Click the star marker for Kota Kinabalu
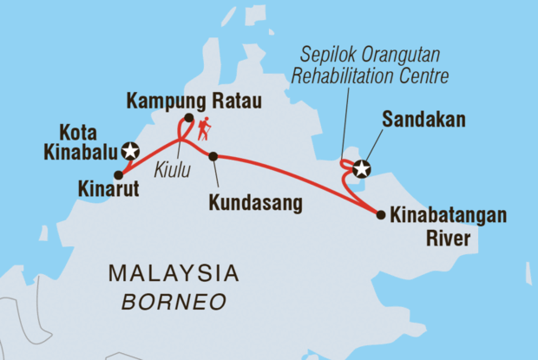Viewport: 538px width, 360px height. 130,150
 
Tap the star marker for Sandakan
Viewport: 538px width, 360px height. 361,170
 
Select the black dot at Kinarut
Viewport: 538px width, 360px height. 118,174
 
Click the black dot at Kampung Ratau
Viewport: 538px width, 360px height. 188,118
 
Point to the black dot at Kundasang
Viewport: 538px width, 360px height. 213,156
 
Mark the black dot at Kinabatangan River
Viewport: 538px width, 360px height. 380,213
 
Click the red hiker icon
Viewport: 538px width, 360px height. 204,130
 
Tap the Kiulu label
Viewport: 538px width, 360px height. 173,168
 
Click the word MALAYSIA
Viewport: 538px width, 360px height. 173,275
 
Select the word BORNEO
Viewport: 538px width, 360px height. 174,301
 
